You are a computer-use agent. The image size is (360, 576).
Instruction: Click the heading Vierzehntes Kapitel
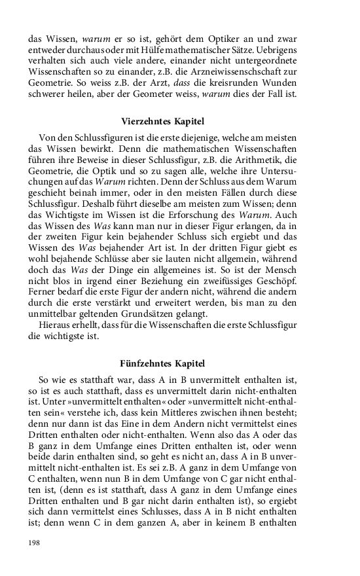point(163,121)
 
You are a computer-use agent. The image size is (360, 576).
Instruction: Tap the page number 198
point(35,543)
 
